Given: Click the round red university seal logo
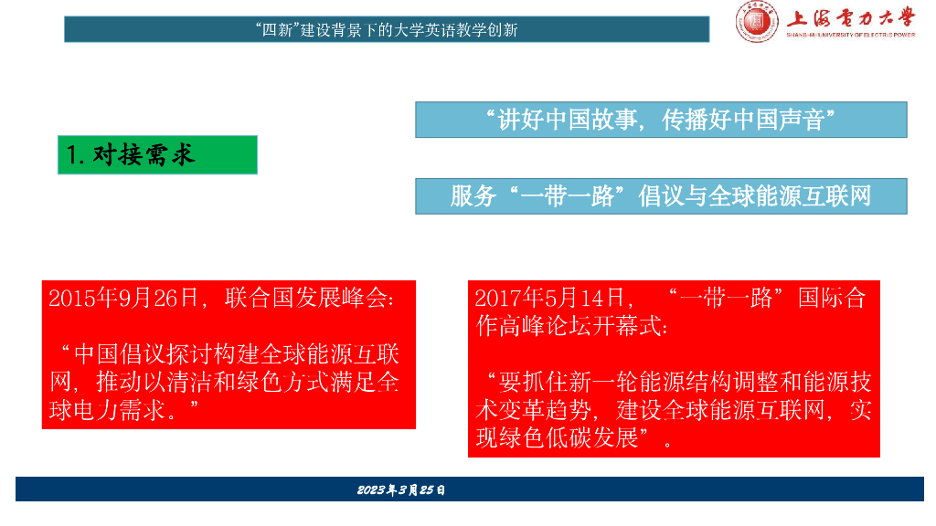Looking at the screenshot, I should tap(758, 20).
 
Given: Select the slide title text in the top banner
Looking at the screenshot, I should tap(387, 29).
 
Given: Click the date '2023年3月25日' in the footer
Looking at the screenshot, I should tap(401, 490).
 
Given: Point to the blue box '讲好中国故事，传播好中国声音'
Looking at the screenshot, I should tap(661, 120).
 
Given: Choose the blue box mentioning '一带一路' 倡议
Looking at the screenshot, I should tap(661, 196).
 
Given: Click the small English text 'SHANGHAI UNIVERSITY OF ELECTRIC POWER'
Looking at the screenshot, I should tap(850, 35).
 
